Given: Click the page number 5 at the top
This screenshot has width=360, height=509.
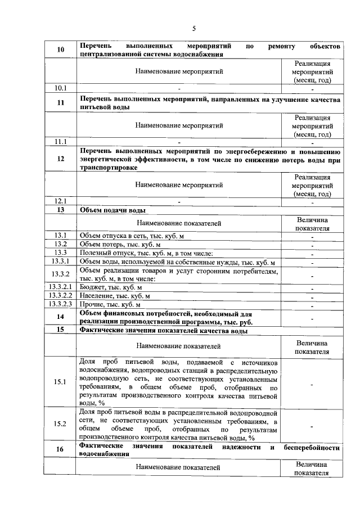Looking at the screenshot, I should pos(193,28).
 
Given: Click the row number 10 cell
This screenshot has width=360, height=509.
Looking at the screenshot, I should pos(60,49).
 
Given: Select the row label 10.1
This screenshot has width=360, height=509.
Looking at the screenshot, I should pos(60,88).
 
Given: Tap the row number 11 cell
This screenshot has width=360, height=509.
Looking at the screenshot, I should pos(60,102).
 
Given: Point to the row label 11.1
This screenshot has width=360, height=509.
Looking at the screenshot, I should pos(60,141).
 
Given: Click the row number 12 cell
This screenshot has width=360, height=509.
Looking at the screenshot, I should pos(60,159).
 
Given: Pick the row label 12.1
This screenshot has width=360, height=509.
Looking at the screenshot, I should pos(60,201).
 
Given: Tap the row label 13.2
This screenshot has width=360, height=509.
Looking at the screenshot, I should pos(60,244).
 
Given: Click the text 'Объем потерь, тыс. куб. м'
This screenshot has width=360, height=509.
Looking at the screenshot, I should pos(120,244).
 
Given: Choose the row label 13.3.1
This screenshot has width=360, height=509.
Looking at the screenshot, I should pos(60,262).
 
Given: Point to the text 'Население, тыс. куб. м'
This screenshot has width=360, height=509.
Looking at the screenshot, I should pos(115,296).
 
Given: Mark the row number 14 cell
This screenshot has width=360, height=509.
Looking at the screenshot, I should pos(60,317).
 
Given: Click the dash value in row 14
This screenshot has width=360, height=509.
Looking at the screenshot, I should pos(312,318).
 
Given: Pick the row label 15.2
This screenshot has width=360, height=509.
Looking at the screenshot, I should pos(60,424).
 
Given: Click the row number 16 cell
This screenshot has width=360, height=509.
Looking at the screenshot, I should pos(60,449).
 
